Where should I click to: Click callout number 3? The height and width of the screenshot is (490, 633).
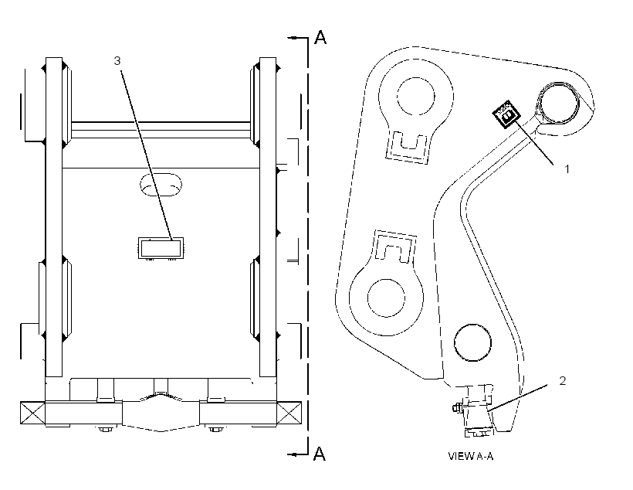pos(117,60)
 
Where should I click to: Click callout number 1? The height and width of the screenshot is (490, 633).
pos(567,168)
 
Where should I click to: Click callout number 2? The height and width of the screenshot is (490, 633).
pos(562,380)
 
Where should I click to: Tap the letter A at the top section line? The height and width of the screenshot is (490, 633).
pos(320,37)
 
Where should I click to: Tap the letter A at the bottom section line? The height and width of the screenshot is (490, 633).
pos(320,454)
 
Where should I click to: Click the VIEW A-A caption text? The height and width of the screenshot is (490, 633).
pos(471,456)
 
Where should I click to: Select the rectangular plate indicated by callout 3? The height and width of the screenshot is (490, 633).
pos(161,248)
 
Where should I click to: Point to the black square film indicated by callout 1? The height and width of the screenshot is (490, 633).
pos(506,114)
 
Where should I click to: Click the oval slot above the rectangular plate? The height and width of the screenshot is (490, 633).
pos(161,185)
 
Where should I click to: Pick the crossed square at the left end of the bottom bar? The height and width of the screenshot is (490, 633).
pos(32,413)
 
